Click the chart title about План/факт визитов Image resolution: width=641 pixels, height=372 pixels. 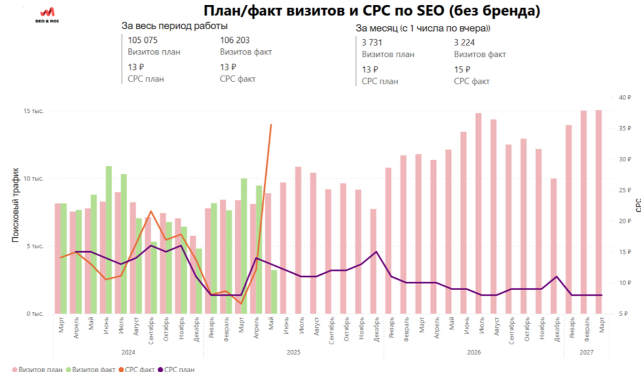[371, 11]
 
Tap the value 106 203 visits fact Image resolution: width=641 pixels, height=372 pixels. [235, 40]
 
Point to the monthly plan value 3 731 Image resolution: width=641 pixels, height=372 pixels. [372, 42]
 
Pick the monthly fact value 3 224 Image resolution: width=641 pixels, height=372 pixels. [464, 42]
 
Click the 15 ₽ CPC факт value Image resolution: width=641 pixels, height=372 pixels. [462, 70]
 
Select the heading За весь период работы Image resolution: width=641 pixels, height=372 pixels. [175, 26]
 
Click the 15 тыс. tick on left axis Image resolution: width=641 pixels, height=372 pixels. [34, 111]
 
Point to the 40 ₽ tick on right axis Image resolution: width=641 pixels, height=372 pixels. [626, 97]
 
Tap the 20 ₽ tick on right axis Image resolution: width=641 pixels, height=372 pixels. [626, 221]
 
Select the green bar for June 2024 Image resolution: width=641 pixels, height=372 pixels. [108, 240]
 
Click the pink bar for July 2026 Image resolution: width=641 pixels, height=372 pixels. [479, 213]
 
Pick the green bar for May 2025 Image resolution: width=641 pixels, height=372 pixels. [274, 292]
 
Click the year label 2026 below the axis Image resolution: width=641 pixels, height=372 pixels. [474, 352]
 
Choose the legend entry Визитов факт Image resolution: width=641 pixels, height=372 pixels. [91, 369]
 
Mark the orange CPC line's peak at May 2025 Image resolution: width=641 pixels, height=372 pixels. [271, 124]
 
